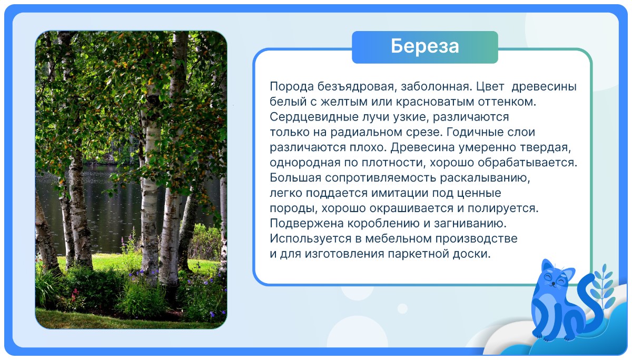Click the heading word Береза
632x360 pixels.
[424, 46]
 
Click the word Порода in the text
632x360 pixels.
[291, 86]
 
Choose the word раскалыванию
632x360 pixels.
[485, 178]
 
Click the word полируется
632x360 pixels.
[503, 208]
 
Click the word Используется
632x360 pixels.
[310, 239]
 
